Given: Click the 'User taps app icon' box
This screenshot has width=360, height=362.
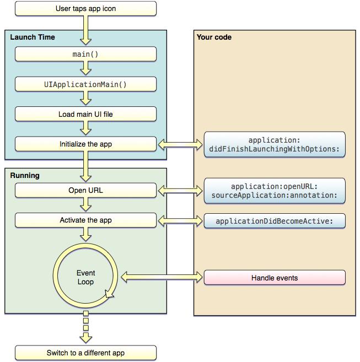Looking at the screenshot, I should [85, 9].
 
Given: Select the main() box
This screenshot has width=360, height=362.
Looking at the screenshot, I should [85, 55].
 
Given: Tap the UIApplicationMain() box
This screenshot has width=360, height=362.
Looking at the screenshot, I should [85, 84].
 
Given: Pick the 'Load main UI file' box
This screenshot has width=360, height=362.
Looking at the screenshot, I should [85, 115].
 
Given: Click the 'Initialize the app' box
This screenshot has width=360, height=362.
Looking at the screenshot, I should [85, 144].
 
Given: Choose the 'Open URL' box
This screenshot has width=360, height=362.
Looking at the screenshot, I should [85, 191].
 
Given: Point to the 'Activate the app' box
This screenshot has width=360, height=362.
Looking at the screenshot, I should [85, 220].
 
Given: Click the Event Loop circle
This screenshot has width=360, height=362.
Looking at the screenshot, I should [85, 277].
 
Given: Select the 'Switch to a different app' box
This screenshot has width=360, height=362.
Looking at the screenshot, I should [85, 353].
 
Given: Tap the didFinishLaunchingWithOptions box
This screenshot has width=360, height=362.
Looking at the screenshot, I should [275, 145].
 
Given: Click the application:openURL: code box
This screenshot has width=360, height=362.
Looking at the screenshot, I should [275, 191].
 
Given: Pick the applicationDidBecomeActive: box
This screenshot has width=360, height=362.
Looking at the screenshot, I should [275, 221].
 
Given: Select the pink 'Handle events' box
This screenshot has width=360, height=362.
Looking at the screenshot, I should [275, 278].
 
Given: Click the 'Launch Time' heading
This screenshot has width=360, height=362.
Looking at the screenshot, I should [33, 37].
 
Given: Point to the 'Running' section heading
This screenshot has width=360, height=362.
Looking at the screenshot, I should [25, 176].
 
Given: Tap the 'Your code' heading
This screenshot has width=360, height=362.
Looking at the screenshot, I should [214, 37].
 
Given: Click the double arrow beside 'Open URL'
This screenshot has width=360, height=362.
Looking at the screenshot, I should [180, 191].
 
